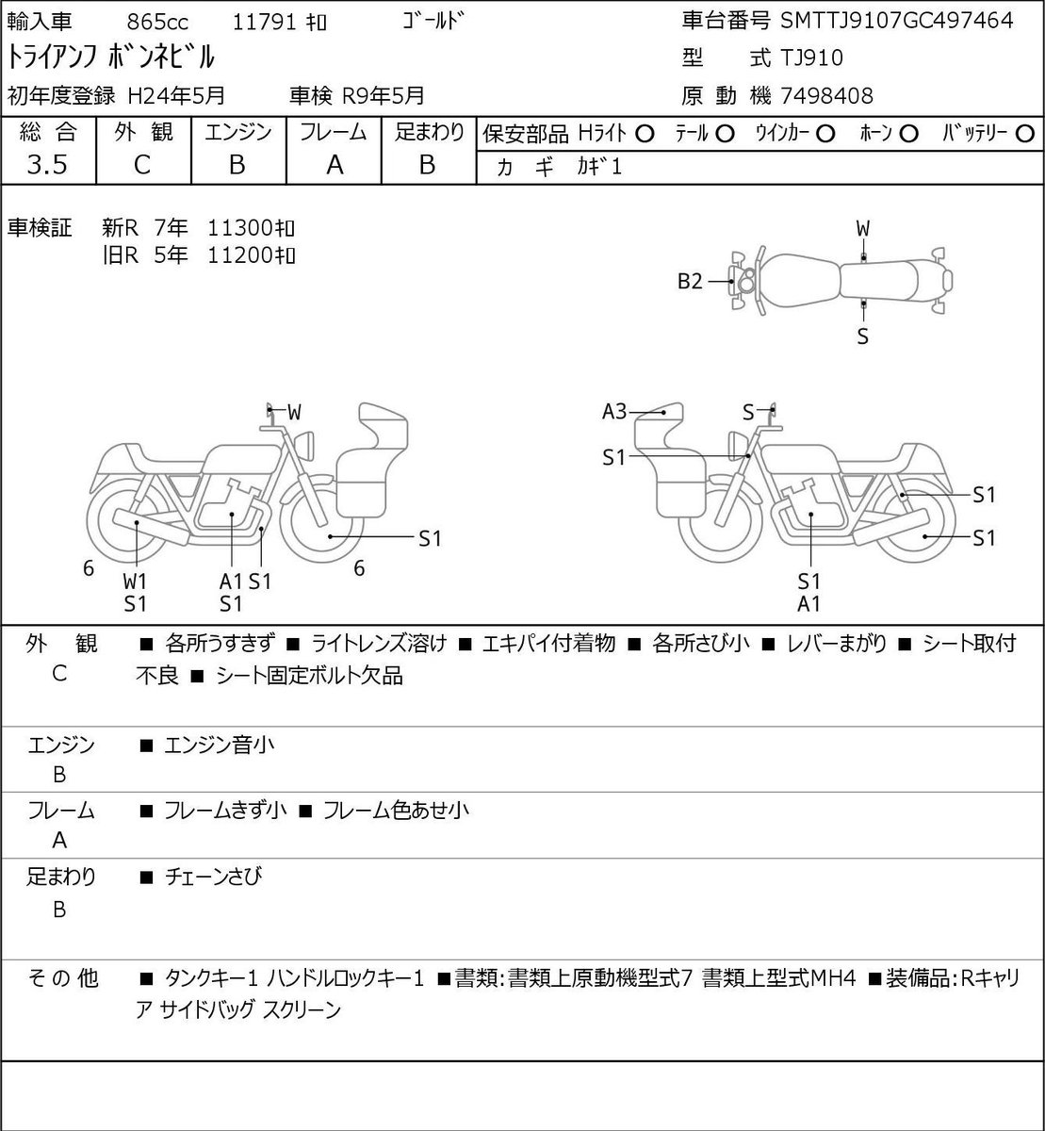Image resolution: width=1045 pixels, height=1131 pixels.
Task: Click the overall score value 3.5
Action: coord(47,165)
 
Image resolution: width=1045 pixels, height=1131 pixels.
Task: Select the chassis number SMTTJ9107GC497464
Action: coord(896,21)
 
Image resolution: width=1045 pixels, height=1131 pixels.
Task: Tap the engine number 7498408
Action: coord(826,96)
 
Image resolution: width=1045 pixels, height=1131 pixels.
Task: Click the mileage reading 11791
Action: coord(264,23)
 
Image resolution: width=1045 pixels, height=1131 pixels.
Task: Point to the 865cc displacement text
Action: coord(157,23)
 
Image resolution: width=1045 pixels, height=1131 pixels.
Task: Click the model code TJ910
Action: coord(811,58)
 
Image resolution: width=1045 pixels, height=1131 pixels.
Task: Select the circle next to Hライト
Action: coord(645,135)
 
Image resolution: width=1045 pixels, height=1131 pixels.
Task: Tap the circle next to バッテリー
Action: coord(1024,135)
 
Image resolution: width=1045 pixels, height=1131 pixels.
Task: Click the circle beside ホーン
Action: coord(908,135)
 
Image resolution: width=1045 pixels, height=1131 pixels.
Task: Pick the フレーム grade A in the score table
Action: coord(335,165)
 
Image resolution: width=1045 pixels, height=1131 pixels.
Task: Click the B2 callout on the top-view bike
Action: coord(690,281)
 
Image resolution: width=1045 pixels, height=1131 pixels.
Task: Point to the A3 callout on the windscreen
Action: coord(613,411)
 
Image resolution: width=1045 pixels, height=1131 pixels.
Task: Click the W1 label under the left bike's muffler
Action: coord(135,582)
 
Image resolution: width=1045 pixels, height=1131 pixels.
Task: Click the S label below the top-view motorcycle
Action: coord(863,337)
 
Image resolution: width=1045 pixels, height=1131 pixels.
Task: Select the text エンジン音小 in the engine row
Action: coord(220,745)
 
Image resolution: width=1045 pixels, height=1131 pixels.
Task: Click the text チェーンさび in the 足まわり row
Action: coord(214,877)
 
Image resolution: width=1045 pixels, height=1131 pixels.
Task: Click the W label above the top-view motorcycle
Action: coord(863,229)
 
